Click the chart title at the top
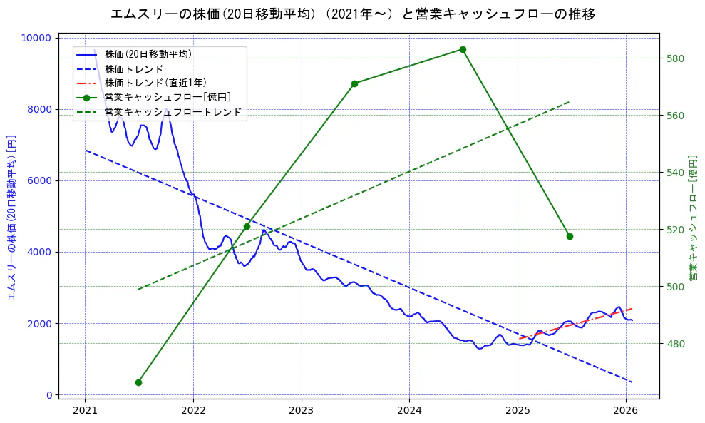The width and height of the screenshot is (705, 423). (x=352, y=14)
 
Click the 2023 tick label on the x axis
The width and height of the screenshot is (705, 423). (x=302, y=410)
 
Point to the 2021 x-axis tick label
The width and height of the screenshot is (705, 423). (x=85, y=410)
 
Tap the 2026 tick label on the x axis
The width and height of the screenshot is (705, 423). (x=626, y=410)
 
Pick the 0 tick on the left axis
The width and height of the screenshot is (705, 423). (x=48, y=394)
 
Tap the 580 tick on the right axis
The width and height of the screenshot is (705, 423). (x=676, y=58)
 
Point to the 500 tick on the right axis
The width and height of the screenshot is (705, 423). (x=676, y=286)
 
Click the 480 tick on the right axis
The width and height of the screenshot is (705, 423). (x=676, y=343)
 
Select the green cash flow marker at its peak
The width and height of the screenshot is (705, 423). (x=463, y=49)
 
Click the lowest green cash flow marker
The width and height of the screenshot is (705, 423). (x=138, y=382)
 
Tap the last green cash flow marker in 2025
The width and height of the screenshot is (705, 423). (x=570, y=236)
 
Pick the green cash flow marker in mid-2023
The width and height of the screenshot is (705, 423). (x=354, y=83)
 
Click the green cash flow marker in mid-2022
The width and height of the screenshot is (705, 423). (x=247, y=226)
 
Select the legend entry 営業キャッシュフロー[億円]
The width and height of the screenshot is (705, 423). (x=167, y=97)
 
